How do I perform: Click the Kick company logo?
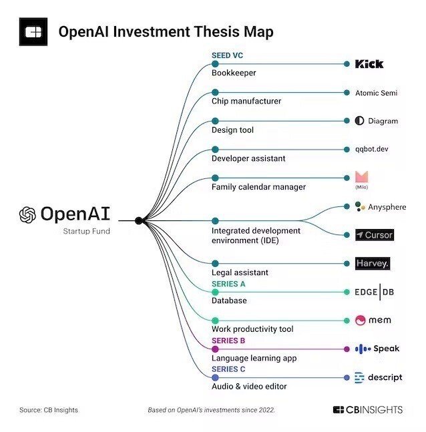point(369,64)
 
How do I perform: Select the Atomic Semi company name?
point(376,93)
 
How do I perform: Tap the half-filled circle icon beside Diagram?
point(359,121)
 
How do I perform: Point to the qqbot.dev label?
point(372,149)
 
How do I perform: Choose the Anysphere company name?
point(387,207)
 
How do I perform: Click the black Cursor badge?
point(375,235)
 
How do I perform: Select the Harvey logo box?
point(373,263)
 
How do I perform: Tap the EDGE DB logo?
point(374,292)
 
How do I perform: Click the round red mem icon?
point(360,320)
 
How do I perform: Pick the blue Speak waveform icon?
point(363,349)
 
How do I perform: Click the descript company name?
point(385,377)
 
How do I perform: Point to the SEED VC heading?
point(227,55)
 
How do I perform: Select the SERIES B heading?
point(228,341)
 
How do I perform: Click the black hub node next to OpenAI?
point(139,220)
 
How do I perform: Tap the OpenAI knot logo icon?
point(27,214)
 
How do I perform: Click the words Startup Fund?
point(87,231)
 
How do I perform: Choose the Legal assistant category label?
point(240,272)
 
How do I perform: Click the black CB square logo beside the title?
point(33,31)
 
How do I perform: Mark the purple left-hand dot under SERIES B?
point(215,349)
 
